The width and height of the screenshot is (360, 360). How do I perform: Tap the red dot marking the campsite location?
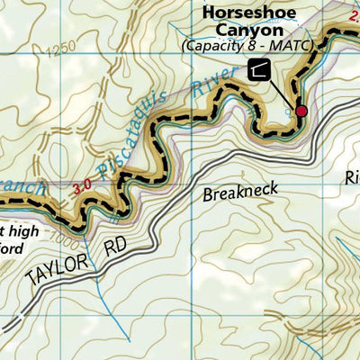tap(301, 111)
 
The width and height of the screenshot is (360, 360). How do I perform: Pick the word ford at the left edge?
tap(18, 242)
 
